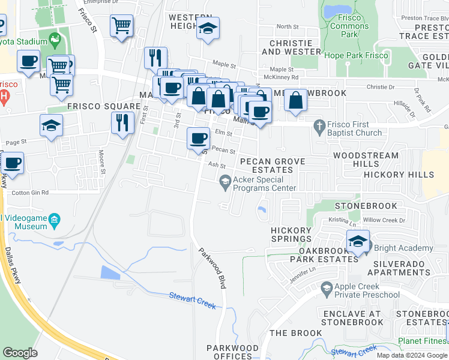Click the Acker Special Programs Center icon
(225, 181)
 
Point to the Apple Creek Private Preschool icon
(327, 289)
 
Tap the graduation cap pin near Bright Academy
(358, 243)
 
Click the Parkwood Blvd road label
(213, 269)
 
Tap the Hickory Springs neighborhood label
(291, 235)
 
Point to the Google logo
(20, 353)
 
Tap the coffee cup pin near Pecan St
(198, 139)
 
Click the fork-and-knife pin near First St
(122, 123)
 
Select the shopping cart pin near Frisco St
(121, 26)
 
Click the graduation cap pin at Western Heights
(208, 28)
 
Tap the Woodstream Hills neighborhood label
(366, 160)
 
